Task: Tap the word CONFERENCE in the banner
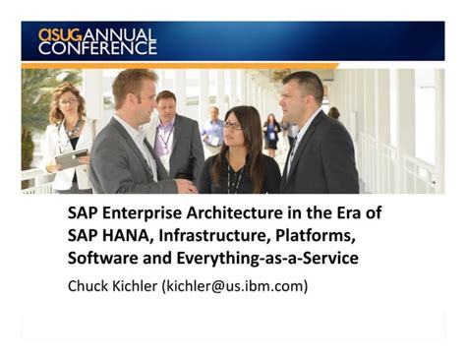click(96, 48)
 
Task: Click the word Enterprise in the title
click(143, 213)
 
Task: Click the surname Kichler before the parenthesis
click(146, 286)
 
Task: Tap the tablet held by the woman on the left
click(70, 156)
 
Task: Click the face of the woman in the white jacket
click(68, 101)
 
